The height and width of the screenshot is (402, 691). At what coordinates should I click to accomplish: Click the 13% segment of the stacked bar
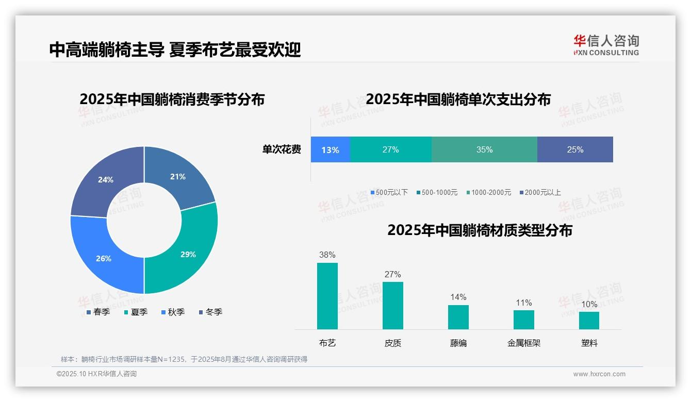point(330,149)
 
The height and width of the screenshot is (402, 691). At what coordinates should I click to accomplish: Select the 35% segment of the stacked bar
point(484,149)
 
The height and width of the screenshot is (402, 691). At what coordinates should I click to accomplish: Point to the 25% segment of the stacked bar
point(575,149)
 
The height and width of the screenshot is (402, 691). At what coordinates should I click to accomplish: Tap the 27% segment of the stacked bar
point(390,149)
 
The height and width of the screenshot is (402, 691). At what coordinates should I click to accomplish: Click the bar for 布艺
point(327,296)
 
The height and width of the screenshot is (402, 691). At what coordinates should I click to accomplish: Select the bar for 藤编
point(458,317)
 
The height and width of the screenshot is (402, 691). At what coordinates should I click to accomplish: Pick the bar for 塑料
point(589,320)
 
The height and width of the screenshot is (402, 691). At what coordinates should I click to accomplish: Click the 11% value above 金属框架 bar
point(524,303)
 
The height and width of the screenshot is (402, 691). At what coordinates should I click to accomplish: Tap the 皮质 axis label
point(393,343)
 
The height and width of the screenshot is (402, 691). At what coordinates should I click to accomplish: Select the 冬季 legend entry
point(211,312)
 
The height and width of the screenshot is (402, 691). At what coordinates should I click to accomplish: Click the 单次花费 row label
point(282,149)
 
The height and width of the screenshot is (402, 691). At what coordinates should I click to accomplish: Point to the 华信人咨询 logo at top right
point(606,45)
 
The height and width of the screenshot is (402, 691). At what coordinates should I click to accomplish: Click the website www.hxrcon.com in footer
point(599,374)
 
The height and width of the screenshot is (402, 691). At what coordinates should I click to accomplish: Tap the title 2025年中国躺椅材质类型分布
point(480,230)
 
